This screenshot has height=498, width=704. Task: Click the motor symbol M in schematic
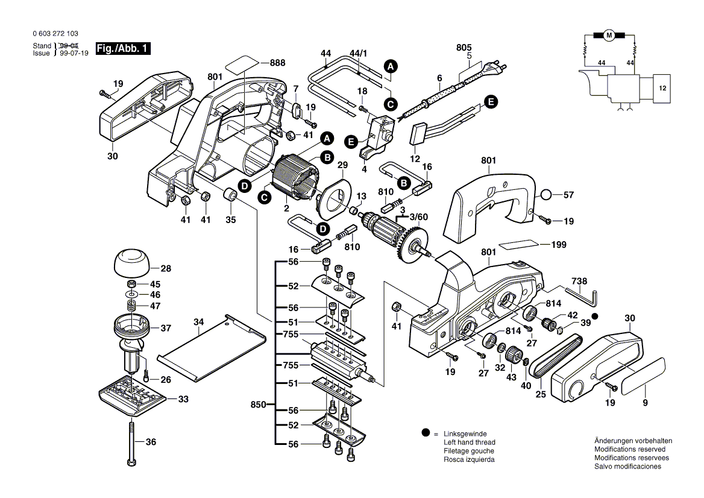pyautogui.click(x=609, y=36)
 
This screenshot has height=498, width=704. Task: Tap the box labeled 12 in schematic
pyautogui.click(x=662, y=88)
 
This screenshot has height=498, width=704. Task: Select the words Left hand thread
pyautogui.click(x=469, y=443)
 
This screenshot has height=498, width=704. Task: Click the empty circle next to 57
pyautogui.click(x=545, y=195)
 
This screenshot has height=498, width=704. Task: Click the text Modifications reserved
pyautogui.click(x=629, y=449)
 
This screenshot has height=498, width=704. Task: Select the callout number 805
pyautogui.click(x=464, y=48)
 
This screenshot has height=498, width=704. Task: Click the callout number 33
pyautogui.click(x=183, y=399)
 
